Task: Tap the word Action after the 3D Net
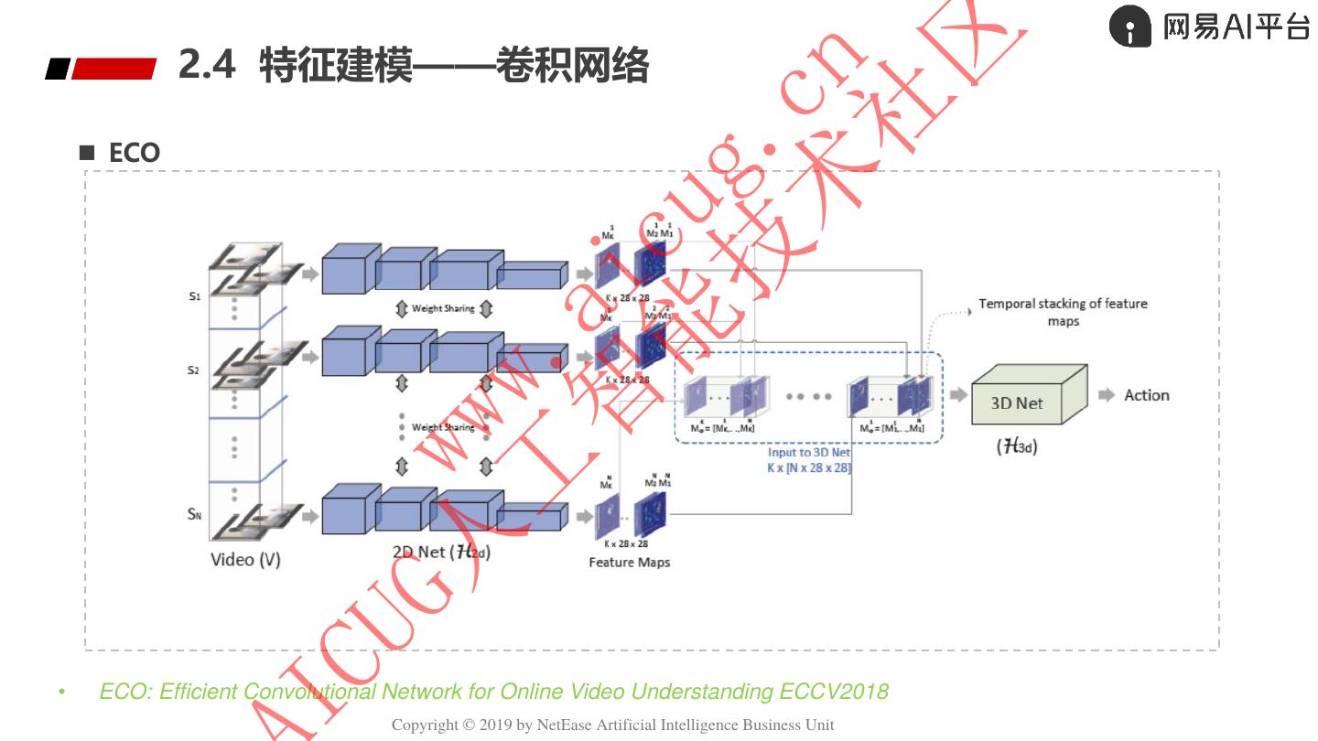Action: click(x=1146, y=395)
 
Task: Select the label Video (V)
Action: click(x=245, y=559)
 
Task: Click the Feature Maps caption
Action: click(x=629, y=562)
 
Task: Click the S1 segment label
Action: click(x=194, y=296)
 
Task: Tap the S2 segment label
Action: click(x=193, y=370)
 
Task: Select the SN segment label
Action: click(x=194, y=514)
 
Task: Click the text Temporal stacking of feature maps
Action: click(x=1063, y=312)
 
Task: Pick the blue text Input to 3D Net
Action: click(x=808, y=453)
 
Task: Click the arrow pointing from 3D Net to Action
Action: click(x=1107, y=395)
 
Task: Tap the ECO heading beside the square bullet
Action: click(x=134, y=153)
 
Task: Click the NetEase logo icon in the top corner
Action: click(x=1129, y=27)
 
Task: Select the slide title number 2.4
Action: click(x=207, y=66)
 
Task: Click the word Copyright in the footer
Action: click(x=425, y=725)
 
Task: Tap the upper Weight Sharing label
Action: click(x=443, y=309)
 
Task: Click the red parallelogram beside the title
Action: click(x=113, y=69)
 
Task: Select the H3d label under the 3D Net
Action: click(x=1017, y=447)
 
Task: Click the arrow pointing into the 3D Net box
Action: click(x=958, y=395)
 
